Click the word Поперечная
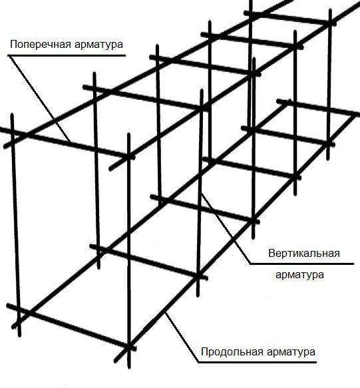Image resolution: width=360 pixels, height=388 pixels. pyautogui.click(x=40, y=45)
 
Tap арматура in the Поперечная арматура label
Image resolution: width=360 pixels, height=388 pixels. pyautogui.click(x=98, y=45)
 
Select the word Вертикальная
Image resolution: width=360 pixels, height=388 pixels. pyautogui.click(x=304, y=254)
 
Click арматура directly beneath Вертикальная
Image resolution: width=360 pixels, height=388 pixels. pyautogui.click(x=299, y=275)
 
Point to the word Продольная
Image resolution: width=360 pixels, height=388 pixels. pyautogui.click(x=232, y=351)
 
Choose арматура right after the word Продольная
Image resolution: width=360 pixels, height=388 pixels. pyautogui.click(x=291, y=352)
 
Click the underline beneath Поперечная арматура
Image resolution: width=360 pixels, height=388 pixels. pyautogui.click(x=67, y=55)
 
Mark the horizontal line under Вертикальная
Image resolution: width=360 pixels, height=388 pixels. pyautogui.click(x=301, y=264)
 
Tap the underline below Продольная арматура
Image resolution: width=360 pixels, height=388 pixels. pyautogui.click(x=258, y=363)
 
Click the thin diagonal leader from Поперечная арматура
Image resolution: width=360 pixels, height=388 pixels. pyautogui.click(x=39, y=98)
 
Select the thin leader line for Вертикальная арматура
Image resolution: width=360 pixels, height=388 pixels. pyautogui.click(x=225, y=228)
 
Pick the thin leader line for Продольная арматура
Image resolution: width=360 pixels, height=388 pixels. pyautogui.click(x=182, y=337)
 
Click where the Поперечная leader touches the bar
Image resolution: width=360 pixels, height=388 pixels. pyautogui.click(x=71, y=142)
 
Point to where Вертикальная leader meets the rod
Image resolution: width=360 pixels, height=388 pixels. pyautogui.click(x=201, y=193)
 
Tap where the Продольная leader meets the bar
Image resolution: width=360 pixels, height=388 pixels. pyautogui.click(x=166, y=313)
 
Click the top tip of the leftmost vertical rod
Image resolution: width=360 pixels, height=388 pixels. pyautogui.click(x=12, y=114)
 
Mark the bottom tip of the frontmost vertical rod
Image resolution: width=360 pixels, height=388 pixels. pyautogui.click(x=129, y=368)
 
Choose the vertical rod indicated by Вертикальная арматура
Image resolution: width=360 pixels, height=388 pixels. pyautogui.click(x=200, y=193)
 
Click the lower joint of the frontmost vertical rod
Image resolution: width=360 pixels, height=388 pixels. pyautogui.click(x=128, y=347)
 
